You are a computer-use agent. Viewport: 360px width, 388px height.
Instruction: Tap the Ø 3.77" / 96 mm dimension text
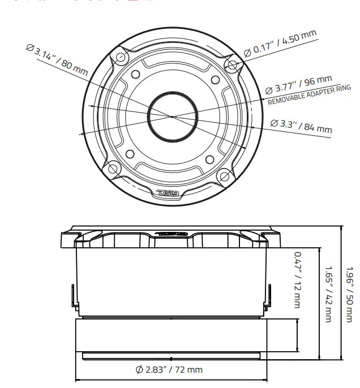298,85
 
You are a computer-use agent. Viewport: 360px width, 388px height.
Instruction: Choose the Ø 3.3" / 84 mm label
301,126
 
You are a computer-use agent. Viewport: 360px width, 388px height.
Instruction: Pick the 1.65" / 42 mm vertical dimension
327,294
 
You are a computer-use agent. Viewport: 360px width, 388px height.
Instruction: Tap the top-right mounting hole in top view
231,64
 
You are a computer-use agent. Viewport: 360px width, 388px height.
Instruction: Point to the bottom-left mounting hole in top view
113,169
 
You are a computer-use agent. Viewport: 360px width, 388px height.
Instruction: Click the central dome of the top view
172,115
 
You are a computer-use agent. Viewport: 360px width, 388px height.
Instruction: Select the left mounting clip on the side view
72,296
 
